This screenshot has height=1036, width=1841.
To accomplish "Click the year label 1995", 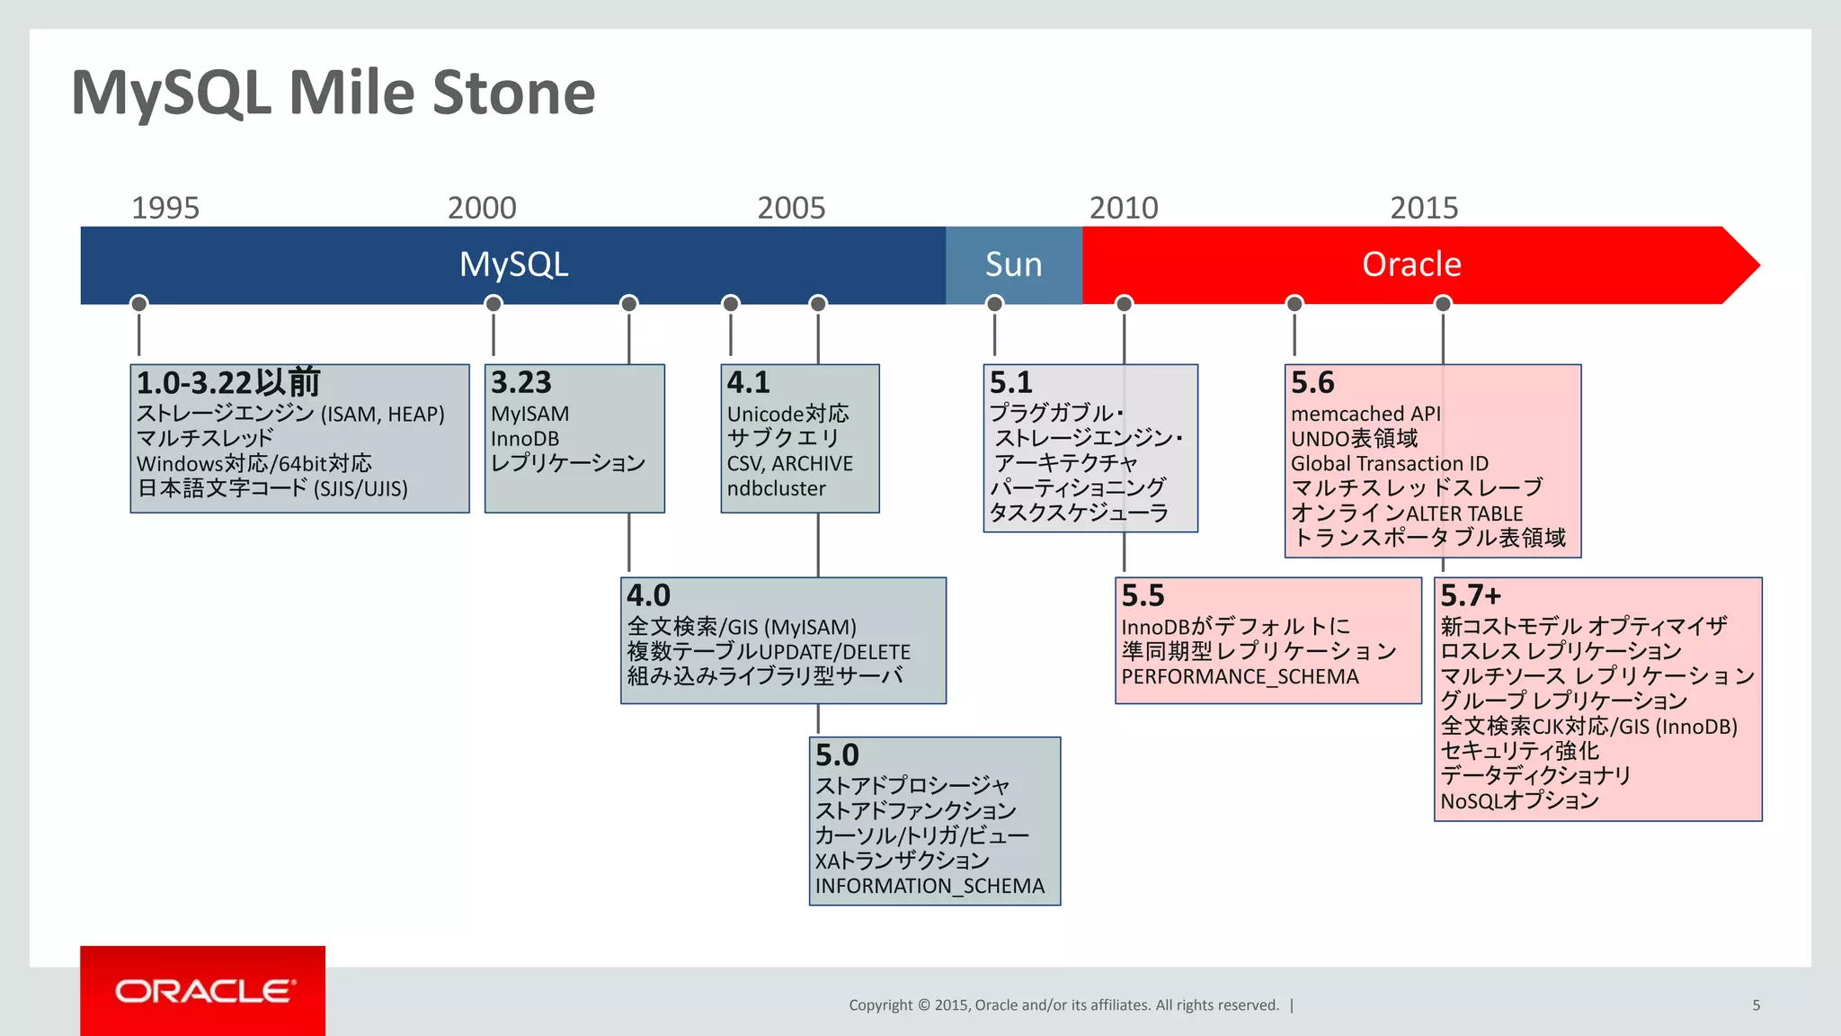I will click(165, 209).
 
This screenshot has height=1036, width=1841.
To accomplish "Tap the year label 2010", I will click(1124, 209).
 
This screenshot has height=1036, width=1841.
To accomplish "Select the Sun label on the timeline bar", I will click(1013, 264).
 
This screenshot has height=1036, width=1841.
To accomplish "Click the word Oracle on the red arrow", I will click(1411, 264).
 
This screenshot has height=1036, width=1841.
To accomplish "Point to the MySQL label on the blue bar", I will click(513, 264).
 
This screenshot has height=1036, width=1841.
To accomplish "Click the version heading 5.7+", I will click(1471, 595).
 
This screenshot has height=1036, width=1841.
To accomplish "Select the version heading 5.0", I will click(837, 755).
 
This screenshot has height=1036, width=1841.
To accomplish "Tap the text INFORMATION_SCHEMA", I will click(929, 886).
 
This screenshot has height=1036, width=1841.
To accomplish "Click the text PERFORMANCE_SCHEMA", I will click(1240, 676).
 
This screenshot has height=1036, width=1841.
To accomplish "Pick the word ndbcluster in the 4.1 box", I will click(776, 488).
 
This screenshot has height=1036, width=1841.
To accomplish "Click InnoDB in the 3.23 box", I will click(525, 439).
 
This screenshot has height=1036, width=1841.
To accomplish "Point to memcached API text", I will click(1365, 414).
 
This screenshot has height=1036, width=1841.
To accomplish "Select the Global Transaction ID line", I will click(1390, 464).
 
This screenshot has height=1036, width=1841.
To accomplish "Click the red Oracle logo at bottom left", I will click(203, 991).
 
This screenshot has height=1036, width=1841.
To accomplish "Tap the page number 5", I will click(1756, 1005).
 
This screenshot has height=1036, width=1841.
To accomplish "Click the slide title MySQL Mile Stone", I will click(333, 93).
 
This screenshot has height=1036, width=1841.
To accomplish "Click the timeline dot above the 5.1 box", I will click(994, 304).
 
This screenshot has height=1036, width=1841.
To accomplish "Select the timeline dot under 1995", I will click(138, 304).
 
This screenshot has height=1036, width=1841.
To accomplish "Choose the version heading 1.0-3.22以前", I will click(228, 383).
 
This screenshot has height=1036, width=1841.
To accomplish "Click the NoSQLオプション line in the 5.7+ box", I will click(1519, 800).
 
